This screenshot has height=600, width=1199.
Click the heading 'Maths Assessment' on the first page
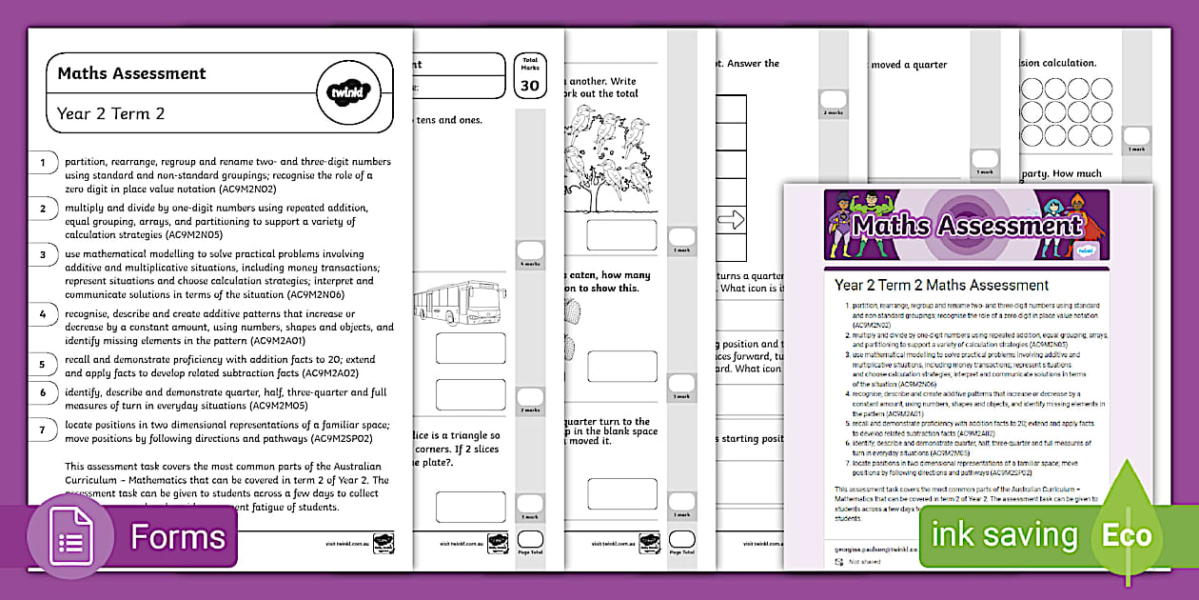131,73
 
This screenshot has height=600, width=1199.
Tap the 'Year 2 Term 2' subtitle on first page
110,113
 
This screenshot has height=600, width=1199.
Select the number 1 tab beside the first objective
43,163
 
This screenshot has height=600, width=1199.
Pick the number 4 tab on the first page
43,313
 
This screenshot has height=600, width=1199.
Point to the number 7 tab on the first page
43,430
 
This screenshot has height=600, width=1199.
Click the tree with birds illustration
610,158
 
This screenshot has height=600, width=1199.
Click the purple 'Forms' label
178,537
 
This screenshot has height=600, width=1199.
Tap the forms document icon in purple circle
71,538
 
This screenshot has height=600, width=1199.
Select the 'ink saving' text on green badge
1004,535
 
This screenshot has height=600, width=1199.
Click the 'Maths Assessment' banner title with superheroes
966,226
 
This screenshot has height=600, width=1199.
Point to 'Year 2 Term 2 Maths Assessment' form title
941,285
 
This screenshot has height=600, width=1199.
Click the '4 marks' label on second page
529,264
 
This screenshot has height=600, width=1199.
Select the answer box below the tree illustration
621,235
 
